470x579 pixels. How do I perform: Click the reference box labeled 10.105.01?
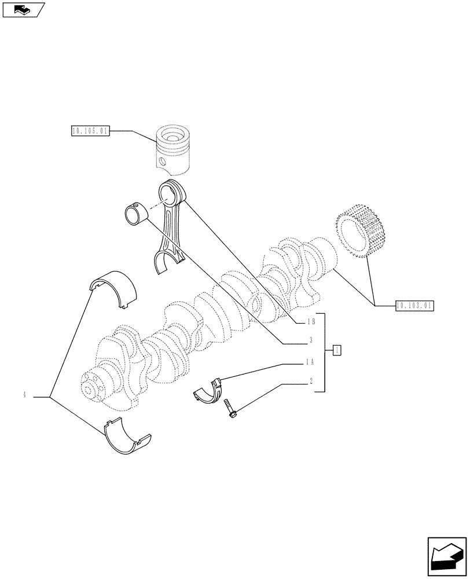90,131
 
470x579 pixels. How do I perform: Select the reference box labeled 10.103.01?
414,305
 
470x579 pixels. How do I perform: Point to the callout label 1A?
310,362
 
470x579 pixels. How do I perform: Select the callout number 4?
25,395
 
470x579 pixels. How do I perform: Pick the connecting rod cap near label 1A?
210,391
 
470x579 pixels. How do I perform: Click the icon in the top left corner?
23,9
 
